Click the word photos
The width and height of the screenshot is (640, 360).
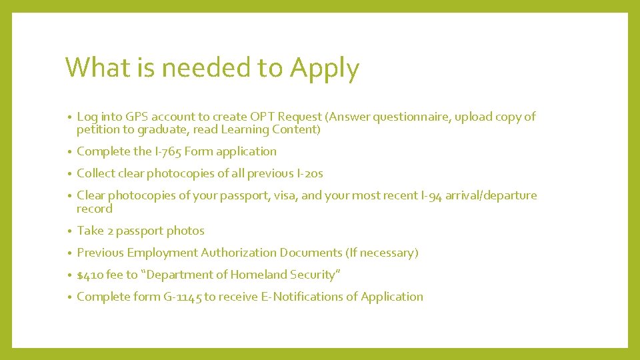(x=185, y=231)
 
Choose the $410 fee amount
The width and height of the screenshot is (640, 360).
(x=89, y=275)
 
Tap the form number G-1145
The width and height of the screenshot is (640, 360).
(x=182, y=297)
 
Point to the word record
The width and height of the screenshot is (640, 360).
(x=95, y=209)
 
